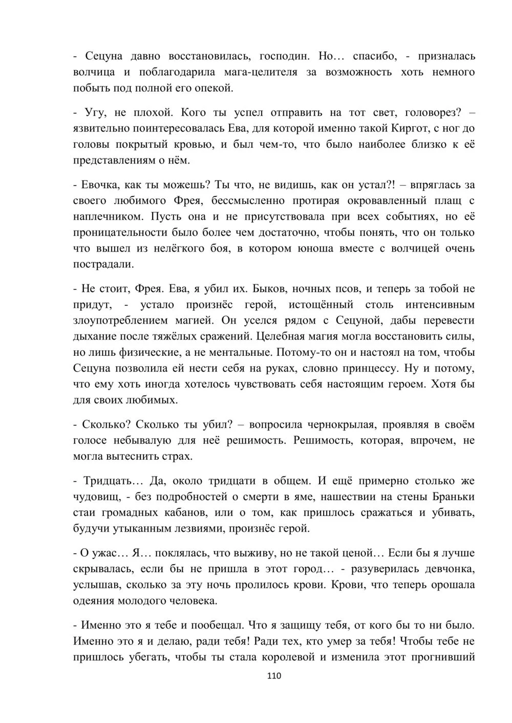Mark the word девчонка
(x=444, y=569)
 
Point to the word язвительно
(x=105, y=128)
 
